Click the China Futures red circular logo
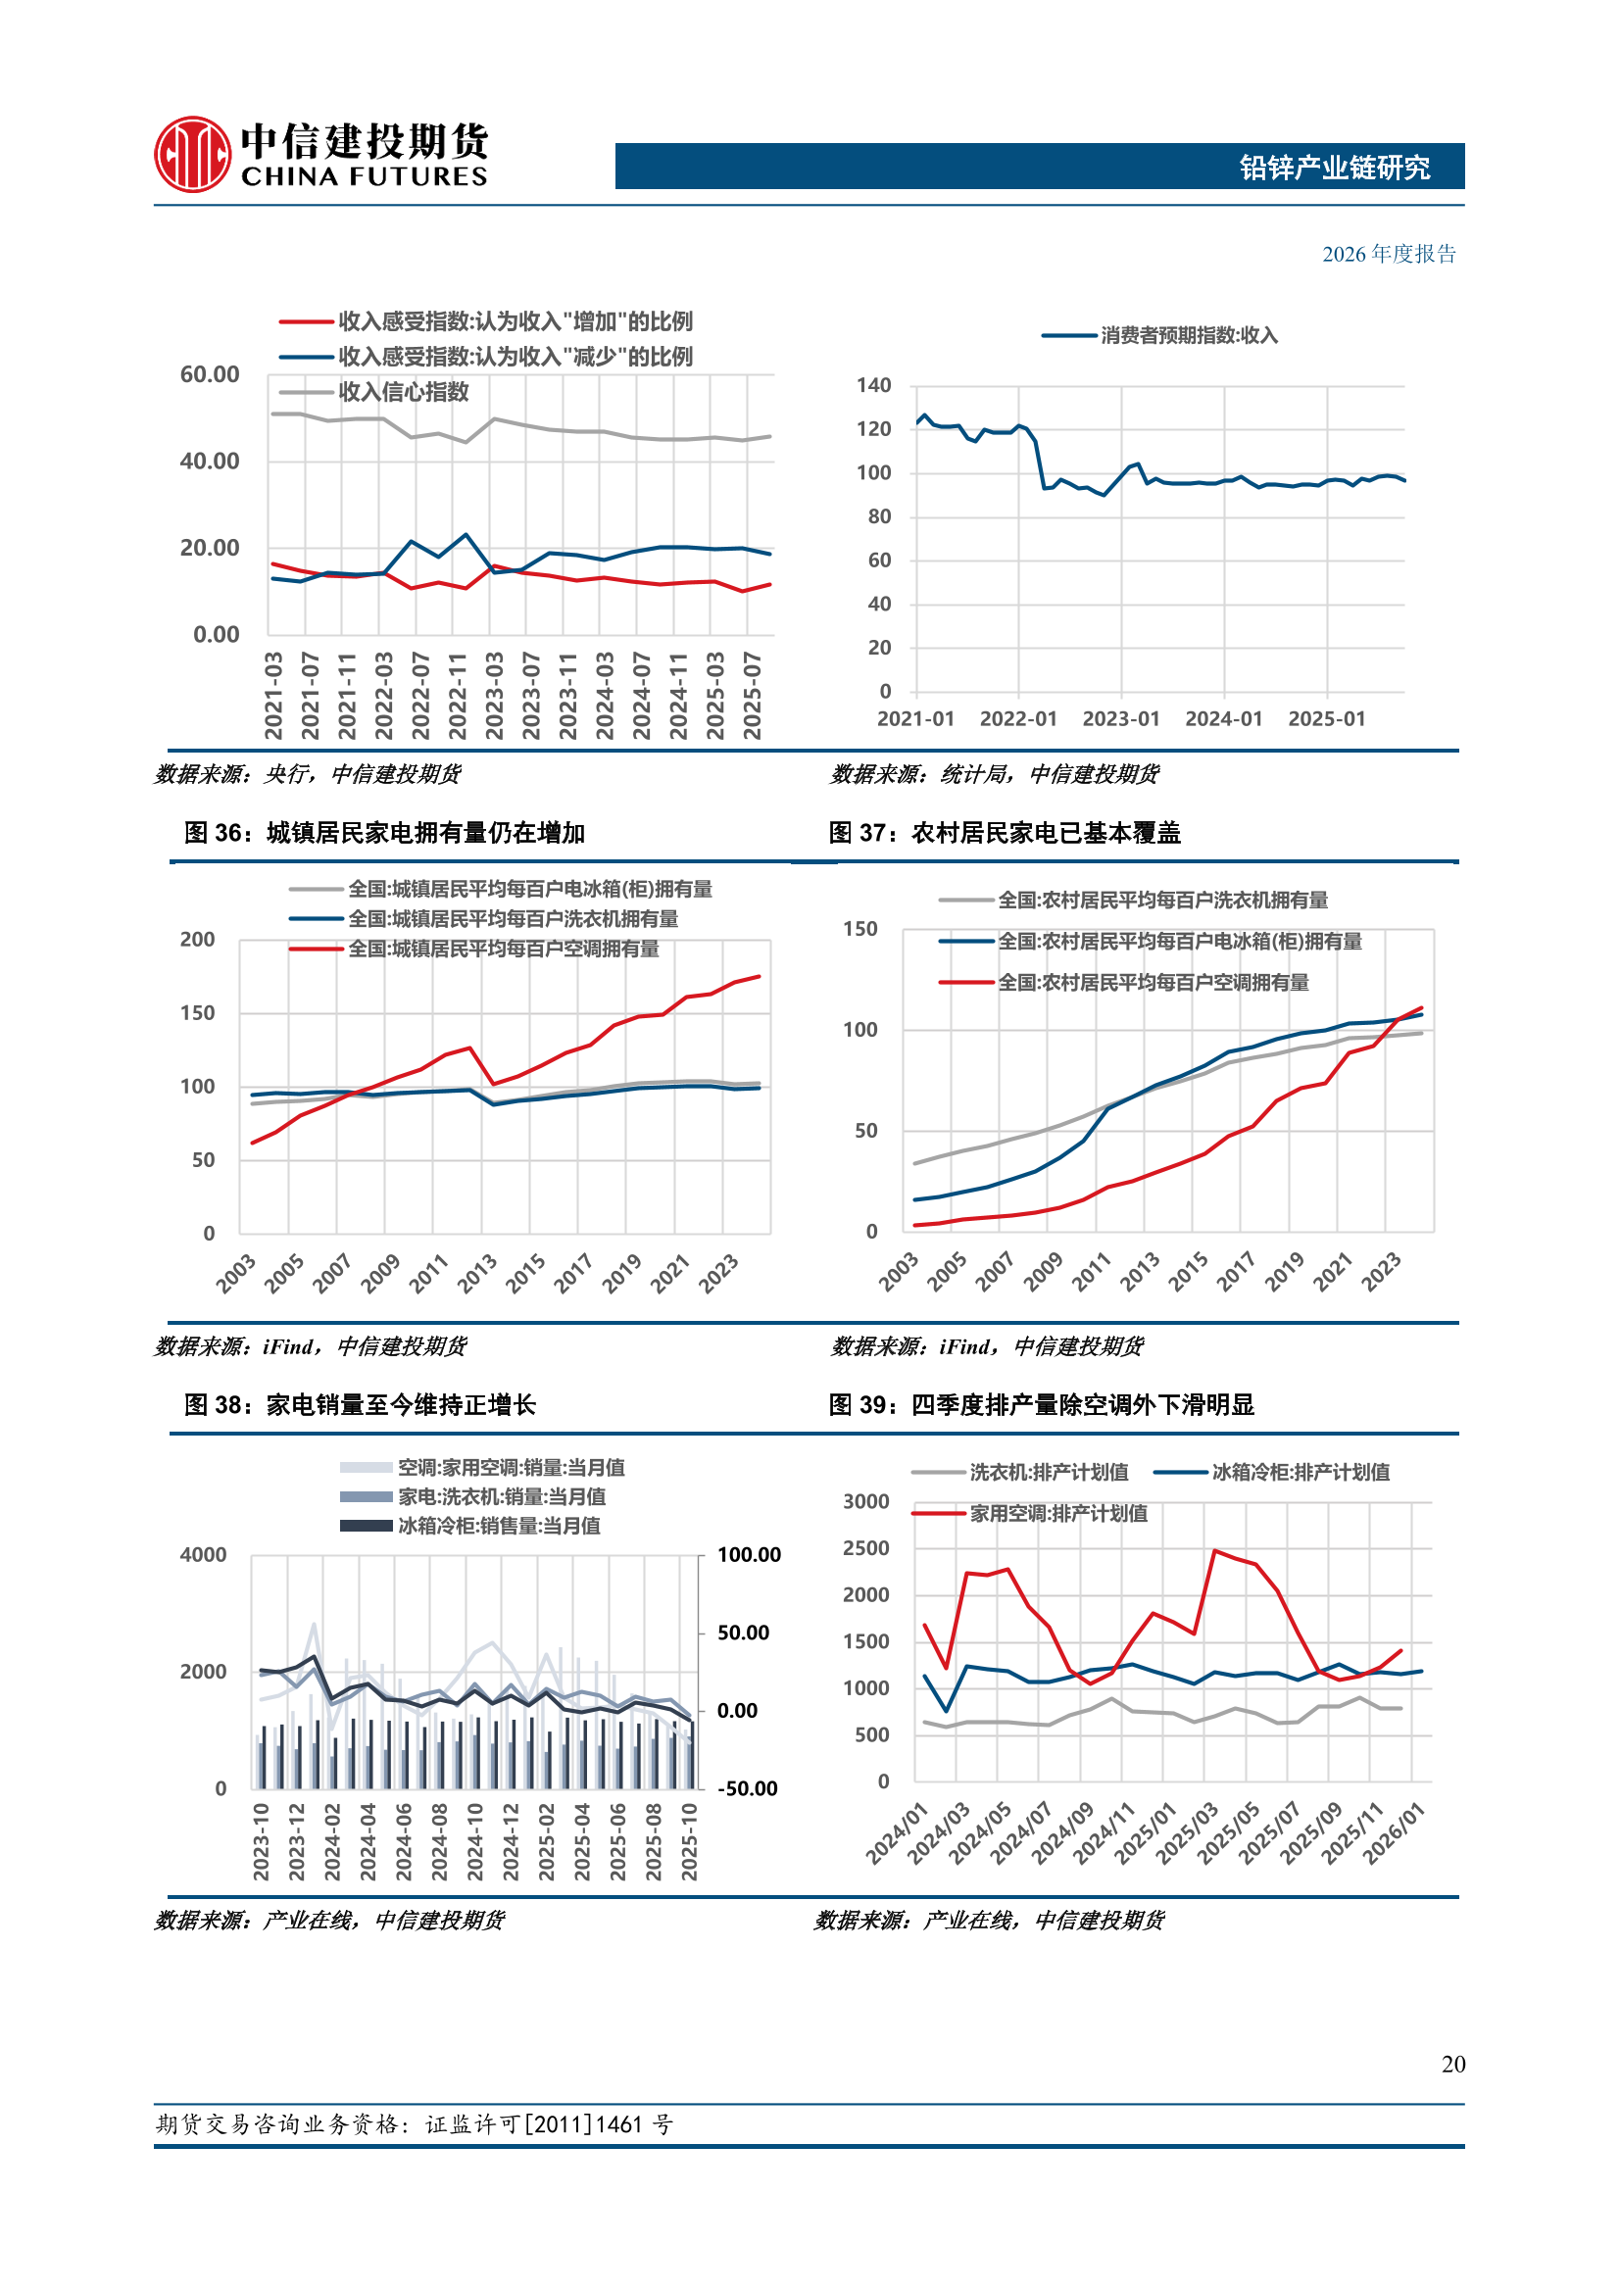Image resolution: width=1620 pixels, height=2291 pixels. pyautogui.click(x=192, y=155)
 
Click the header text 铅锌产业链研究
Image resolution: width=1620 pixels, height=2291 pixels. pyautogui.click(x=1334, y=168)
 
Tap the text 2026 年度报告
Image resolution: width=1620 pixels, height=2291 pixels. pyautogui.click(x=1389, y=255)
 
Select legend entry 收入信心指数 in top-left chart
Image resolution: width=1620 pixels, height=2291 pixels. pyautogui.click(x=402, y=392)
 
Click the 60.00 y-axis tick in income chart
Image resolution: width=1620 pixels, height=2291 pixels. pyautogui.click(x=210, y=375)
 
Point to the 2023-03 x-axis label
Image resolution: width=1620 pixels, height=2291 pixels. pyautogui.click(x=494, y=696)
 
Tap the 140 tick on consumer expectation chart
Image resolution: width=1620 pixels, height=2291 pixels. pyautogui.click(x=873, y=386)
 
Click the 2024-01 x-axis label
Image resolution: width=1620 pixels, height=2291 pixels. pyautogui.click(x=1223, y=719)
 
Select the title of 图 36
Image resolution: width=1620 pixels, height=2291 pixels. pyautogui.click(x=384, y=833)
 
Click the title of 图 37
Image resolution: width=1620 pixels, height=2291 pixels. pyautogui.click(x=1005, y=833)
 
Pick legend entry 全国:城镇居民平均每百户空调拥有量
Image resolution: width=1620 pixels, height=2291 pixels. pyautogui.click(x=502, y=949)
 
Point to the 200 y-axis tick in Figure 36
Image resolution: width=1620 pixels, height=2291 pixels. pyautogui.click(x=198, y=940)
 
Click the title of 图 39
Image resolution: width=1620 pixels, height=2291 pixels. pyautogui.click(x=1040, y=1405)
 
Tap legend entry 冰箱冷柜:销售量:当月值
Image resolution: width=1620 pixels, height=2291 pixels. pyautogui.click(x=498, y=1526)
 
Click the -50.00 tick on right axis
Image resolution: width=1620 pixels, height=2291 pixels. pyautogui.click(x=748, y=1788)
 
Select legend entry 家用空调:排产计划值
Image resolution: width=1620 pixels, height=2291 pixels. pyautogui.click(x=1057, y=1514)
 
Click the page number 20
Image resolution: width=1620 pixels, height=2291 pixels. pyautogui.click(x=1452, y=2064)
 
